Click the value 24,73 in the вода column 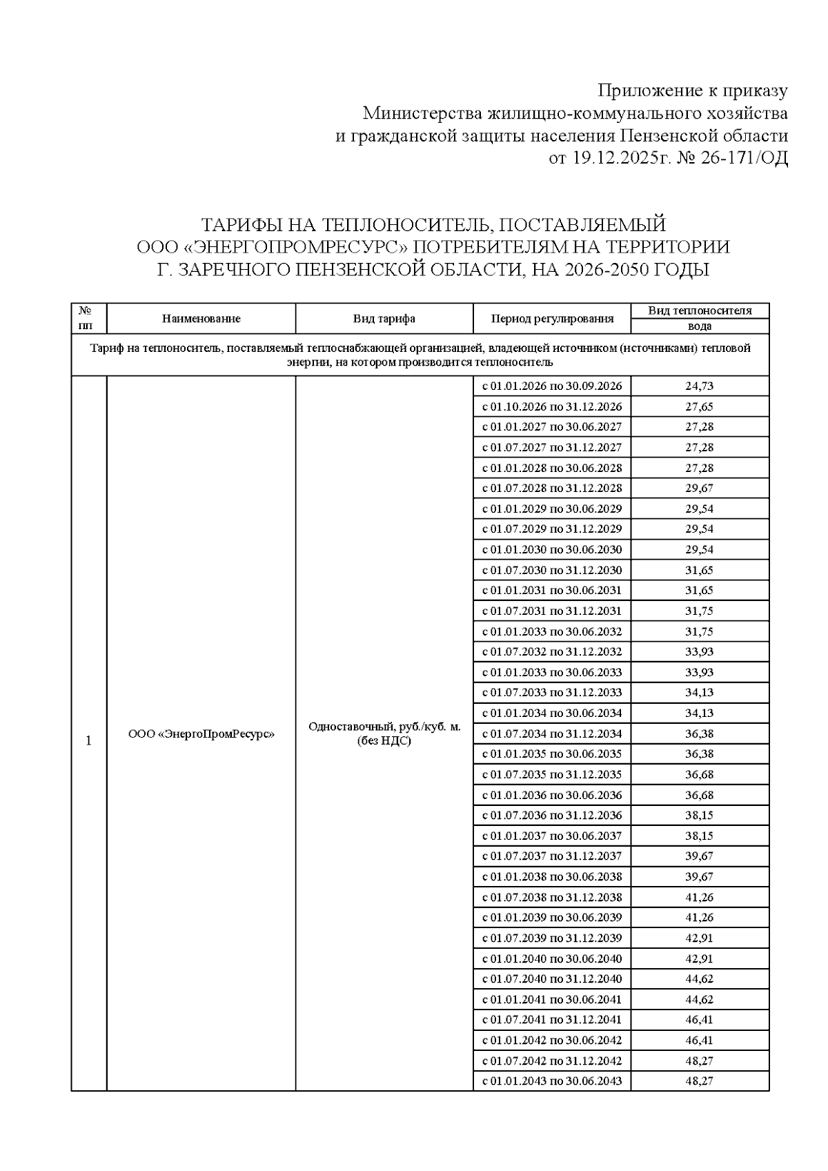coord(699,386)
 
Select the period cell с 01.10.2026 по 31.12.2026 coord(551,406)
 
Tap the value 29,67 coord(699,489)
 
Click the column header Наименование coord(201,319)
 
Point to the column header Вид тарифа coord(384,319)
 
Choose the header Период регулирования coord(551,319)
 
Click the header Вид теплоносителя coord(699,311)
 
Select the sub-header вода coord(699,326)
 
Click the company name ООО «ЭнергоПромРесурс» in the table coord(201,734)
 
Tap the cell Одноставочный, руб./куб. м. coord(384,727)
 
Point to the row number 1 coord(88,741)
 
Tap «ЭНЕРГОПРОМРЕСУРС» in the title coord(290,247)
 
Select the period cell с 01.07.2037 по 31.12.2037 coord(551,856)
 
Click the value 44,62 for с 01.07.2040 coord(699,979)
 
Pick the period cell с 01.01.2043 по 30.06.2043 coord(551,1081)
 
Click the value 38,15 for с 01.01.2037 coord(699,836)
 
